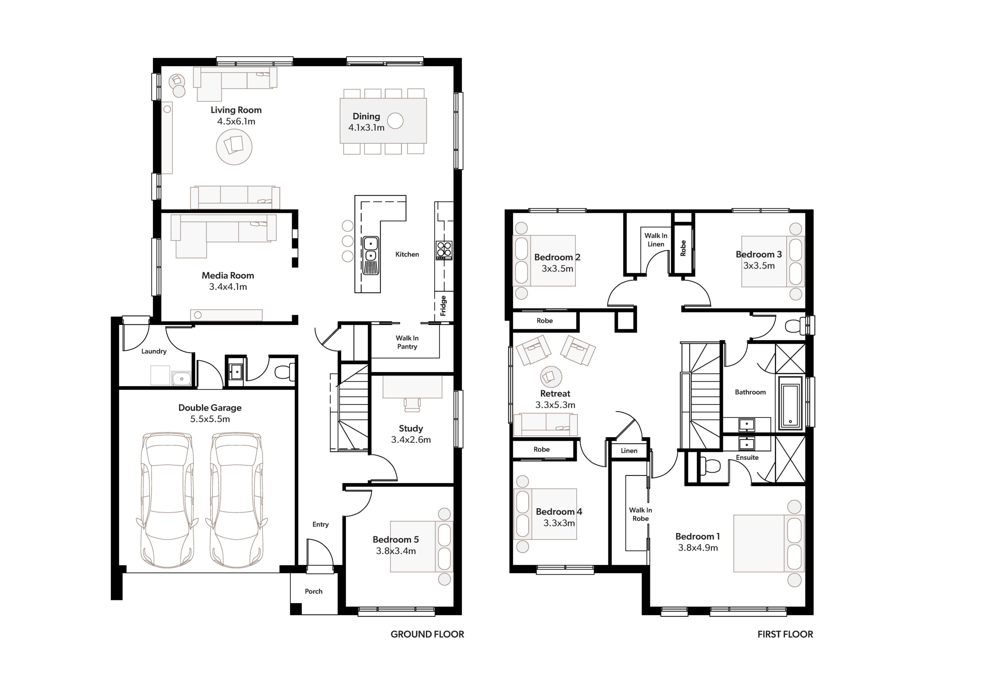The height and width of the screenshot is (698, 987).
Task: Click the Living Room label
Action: coord(236,110)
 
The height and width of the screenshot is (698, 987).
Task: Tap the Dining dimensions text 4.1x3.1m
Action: coord(366,127)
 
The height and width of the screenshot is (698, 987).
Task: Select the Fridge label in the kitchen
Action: coord(443,305)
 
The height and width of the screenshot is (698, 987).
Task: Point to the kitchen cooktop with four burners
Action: coord(444,250)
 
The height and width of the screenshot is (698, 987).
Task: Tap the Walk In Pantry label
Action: coord(407,342)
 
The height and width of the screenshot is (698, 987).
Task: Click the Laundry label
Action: coord(154,351)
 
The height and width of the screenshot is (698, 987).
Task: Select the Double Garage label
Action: coord(210,408)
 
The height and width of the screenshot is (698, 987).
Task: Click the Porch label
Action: coord(313,591)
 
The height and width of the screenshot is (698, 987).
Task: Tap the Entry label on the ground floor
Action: coord(320,524)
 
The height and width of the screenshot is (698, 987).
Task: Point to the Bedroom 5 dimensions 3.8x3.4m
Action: coord(396,551)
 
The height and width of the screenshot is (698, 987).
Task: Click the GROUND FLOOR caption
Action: coord(427,634)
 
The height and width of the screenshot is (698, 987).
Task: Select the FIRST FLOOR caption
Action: coord(785,634)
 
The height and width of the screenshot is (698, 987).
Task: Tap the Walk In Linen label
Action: coord(656,240)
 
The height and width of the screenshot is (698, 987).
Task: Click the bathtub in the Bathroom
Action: coord(790,403)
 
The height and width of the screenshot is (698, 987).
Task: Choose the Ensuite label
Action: coord(747,458)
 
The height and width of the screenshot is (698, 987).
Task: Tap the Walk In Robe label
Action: coord(640,514)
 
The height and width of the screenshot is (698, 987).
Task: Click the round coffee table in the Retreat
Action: coord(551,377)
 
